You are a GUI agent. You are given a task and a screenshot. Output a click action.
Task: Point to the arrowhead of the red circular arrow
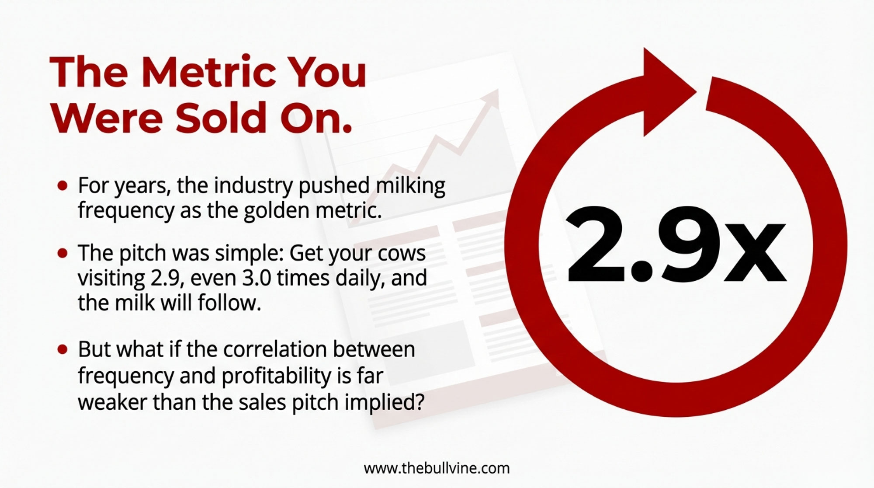click(669, 92)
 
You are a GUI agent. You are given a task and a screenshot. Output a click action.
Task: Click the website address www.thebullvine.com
click(437, 469)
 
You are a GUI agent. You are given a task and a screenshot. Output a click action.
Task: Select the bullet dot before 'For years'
click(63, 186)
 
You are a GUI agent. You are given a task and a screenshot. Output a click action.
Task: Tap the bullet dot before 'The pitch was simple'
click(63, 253)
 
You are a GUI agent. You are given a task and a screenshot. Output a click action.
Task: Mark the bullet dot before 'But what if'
click(63, 349)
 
